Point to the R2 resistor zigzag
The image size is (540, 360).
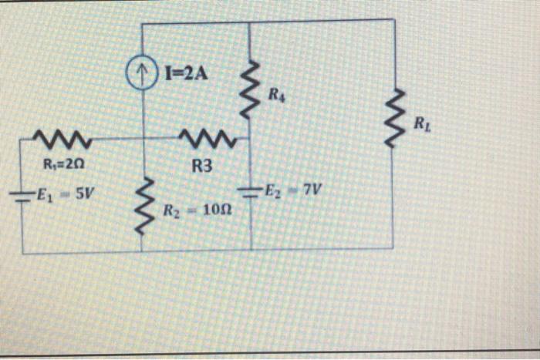143,200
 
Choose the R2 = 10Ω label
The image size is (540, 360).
194,209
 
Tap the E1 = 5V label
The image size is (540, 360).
66,193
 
